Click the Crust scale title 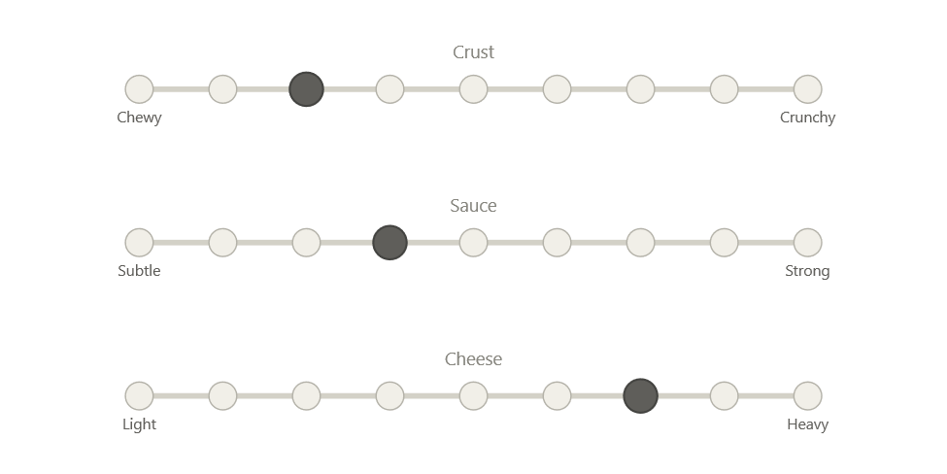[474, 52]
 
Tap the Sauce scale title [474, 206]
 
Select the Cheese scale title [474, 359]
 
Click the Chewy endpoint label [139, 118]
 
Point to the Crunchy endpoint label [808, 118]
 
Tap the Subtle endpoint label [139, 271]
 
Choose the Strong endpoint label [808, 271]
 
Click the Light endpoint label [139, 424]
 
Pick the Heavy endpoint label [808, 424]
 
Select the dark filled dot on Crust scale [306, 89]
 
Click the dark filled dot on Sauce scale [389, 243]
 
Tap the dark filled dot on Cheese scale [640, 396]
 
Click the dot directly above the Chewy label [139, 89]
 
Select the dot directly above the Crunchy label [808, 89]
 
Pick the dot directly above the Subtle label [139, 243]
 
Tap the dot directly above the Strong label [808, 243]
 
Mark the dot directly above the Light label [139, 396]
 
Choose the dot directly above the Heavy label [808, 396]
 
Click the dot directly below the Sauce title [473, 243]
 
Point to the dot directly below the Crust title [473, 89]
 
